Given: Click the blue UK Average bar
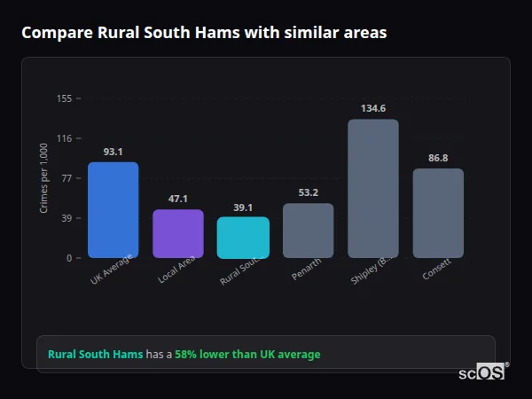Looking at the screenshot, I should (x=113, y=210).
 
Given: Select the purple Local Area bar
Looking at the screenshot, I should (x=178, y=234).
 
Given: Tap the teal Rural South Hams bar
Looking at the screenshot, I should (x=243, y=238).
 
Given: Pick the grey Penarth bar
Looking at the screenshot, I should (x=308, y=231).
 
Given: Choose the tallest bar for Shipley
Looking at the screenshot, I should (x=373, y=188).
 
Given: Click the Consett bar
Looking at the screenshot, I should (x=438, y=213).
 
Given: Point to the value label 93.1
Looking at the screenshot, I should (x=113, y=152).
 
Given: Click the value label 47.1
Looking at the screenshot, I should (x=178, y=199).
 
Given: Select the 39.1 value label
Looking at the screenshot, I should (x=243, y=207).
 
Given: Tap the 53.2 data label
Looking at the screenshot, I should (x=308, y=192).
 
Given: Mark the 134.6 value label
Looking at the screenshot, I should (x=373, y=108).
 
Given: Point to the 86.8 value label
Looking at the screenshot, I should (x=438, y=158).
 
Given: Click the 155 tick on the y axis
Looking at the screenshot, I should (x=64, y=98).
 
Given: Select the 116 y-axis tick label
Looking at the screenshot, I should (x=64, y=138).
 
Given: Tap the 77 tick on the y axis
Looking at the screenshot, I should (x=66, y=178).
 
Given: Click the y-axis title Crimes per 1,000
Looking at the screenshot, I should (x=44, y=178).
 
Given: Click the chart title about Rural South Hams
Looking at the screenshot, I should (x=204, y=33).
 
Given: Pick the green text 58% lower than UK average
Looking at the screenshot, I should (x=247, y=355).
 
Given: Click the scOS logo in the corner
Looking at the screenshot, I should (x=481, y=373).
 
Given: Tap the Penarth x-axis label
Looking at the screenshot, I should (x=307, y=270).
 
